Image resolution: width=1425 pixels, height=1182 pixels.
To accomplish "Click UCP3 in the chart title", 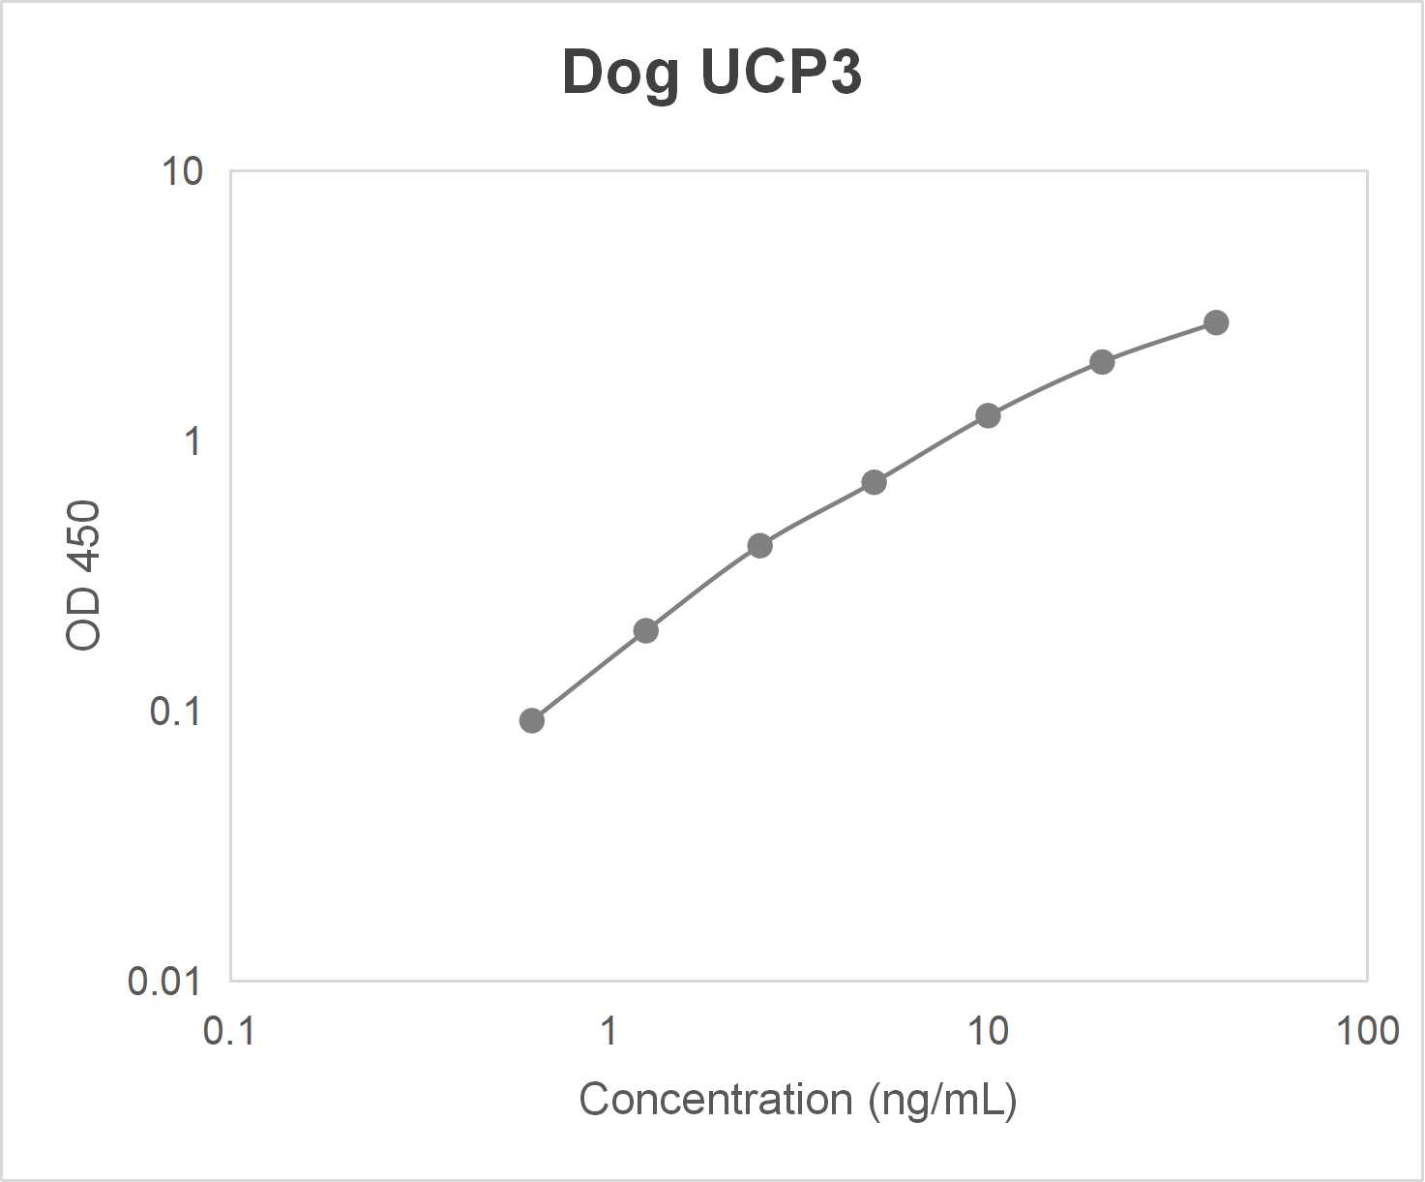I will [x=781, y=72].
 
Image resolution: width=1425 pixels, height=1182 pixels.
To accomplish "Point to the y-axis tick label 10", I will [x=182, y=172].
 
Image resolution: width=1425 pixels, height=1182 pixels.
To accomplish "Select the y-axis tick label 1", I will [x=193, y=442].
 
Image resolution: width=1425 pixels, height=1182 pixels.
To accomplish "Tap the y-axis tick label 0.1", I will [x=175, y=712].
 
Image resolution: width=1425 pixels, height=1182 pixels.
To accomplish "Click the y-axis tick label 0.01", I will [x=164, y=983].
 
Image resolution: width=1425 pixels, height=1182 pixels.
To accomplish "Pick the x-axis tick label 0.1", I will [x=229, y=1032].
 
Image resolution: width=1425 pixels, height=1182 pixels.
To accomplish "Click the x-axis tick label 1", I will [x=609, y=1032].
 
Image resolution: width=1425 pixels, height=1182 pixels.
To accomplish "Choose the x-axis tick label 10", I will [x=988, y=1032].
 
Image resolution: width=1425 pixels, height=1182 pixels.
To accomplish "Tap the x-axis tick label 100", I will [x=1367, y=1032].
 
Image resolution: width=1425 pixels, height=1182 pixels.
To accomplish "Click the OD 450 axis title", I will [x=84, y=576].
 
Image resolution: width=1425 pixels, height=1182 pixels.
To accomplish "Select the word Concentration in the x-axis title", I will [x=715, y=1101].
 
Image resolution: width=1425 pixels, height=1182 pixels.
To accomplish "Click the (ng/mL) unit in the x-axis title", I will [x=942, y=1101].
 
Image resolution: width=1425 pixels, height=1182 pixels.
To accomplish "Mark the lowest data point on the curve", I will [x=531, y=720].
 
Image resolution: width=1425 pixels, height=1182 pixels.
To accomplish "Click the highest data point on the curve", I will [x=1216, y=322].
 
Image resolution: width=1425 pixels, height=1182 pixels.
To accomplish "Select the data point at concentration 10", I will [x=988, y=416].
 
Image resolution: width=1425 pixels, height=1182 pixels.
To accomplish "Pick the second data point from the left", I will [x=645, y=631].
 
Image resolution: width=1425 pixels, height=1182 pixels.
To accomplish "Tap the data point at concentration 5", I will [x=874, y=482].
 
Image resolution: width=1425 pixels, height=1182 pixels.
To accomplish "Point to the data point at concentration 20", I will [x=1102, y=362].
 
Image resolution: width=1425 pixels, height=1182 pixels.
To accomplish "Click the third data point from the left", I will [x=759, y=546].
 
